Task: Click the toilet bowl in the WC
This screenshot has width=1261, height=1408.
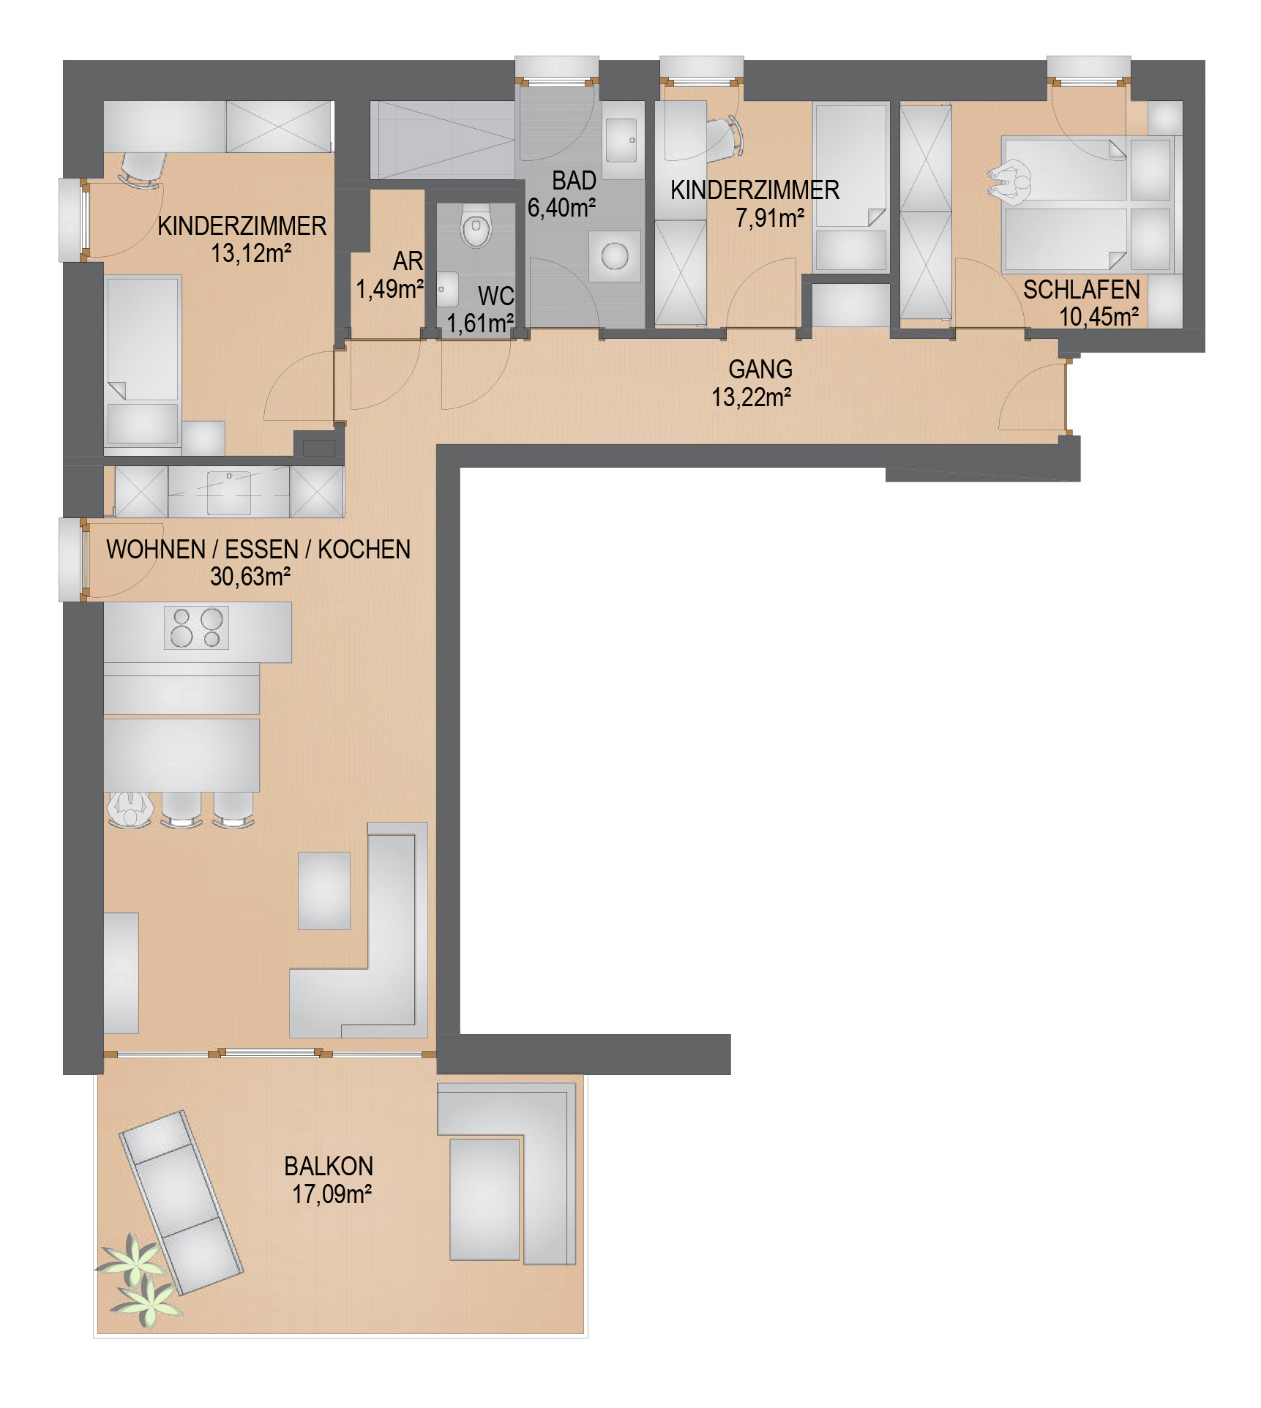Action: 476,224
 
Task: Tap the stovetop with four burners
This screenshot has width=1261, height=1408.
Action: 196,628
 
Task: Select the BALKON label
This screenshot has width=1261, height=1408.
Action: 329,1166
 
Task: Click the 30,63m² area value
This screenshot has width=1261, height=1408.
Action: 250,577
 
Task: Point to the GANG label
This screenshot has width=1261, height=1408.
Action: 760,369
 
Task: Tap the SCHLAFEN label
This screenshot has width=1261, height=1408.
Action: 1081,290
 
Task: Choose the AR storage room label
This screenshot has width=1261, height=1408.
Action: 408,261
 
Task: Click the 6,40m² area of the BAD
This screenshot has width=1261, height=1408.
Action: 561,208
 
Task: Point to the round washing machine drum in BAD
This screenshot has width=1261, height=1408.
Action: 615,256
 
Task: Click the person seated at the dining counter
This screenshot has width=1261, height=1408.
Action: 131,809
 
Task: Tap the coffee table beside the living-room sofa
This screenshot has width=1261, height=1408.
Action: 324,891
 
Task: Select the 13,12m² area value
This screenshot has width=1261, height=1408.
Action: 251,253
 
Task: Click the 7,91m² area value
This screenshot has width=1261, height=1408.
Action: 770,218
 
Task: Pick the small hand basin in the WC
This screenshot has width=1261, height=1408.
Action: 447,289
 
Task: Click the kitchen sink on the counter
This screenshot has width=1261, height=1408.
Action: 229,493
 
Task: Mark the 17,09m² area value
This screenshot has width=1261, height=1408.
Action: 332,1194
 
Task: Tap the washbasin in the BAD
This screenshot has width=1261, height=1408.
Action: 621,140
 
